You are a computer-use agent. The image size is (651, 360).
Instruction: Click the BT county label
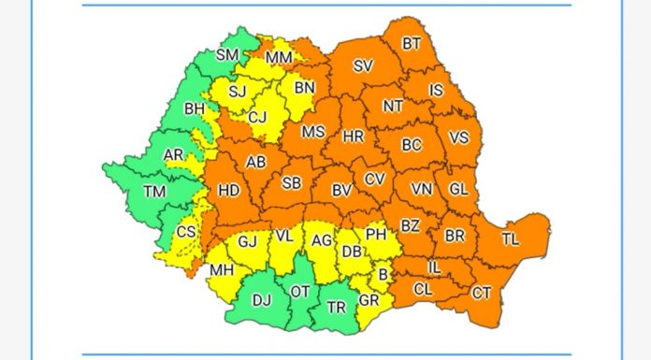click(412, 43)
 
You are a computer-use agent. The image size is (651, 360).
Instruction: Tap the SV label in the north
click(363, 65)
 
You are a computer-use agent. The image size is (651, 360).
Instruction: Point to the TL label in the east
click(510, 239)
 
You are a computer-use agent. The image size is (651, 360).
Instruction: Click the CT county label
click(482, 294)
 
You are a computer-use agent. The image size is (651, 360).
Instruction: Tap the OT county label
click(300, 292)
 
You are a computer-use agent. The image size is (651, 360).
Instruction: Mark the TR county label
click(336, 305)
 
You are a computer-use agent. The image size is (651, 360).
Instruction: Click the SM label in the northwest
click(227, 55)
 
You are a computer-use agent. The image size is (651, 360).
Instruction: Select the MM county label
click(279, 58)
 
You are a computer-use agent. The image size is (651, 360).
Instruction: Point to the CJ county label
click(258, 118)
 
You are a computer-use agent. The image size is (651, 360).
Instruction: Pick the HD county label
click(229, 190)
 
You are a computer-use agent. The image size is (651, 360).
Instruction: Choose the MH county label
click(222, 270)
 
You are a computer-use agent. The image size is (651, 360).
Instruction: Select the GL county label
click(458, 188)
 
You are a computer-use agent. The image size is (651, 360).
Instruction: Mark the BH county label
click(195, 109)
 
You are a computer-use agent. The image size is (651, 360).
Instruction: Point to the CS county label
click(187, 231)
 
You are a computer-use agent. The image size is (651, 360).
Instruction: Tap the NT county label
click(393, 107)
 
